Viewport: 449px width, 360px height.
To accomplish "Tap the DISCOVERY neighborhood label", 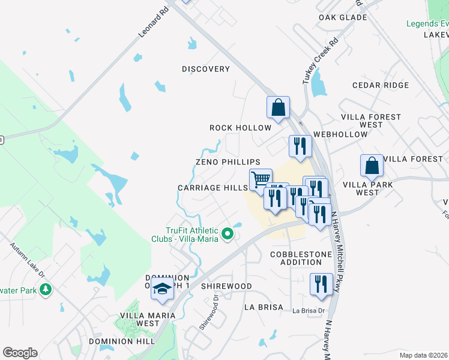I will point(206,69).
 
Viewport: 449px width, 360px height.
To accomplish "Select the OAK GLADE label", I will point(343,17).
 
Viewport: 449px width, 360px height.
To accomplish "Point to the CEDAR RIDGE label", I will point(381,85).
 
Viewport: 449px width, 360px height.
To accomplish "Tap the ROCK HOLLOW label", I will point(240,128).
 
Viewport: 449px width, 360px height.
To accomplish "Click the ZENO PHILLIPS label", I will point(228,162).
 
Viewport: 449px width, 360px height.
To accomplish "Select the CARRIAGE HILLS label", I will point(212,188).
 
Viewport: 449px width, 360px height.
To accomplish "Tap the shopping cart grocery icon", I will point(261,178).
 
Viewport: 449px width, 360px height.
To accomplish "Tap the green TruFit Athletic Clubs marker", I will point(227,233).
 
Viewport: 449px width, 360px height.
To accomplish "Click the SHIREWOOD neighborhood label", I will point(226,286).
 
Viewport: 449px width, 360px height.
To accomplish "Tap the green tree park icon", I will point(46,290).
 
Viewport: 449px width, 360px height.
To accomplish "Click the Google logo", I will point(20,353).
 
